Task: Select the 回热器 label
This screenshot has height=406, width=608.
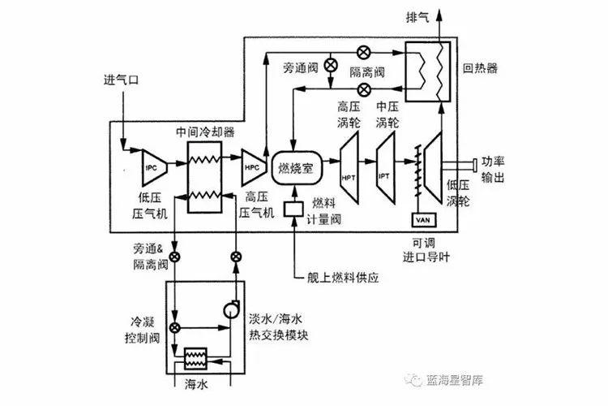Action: (481, 62)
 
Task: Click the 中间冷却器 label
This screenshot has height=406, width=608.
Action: (205, 129)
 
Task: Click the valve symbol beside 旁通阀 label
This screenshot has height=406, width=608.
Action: (330, 64)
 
